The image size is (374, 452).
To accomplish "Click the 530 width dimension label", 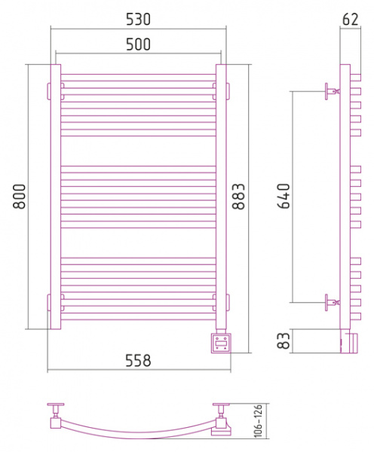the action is (x=138, y=20).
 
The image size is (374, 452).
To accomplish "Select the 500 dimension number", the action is (x=138, y=44).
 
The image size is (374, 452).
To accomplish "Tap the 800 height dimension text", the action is (x=20, y=197).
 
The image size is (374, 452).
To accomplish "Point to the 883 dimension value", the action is (x=239, y=197).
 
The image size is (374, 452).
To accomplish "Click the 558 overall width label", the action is (x=138, y=360).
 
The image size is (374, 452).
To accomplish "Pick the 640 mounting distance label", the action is (x=284, y=196).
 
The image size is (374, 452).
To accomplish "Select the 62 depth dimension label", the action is (x=351, y=20).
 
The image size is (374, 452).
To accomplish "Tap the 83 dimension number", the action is (x=284, y=341).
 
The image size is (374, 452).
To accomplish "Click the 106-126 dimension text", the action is (x=258, y=420).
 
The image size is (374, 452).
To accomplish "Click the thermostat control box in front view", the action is (x=221, y=343).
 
